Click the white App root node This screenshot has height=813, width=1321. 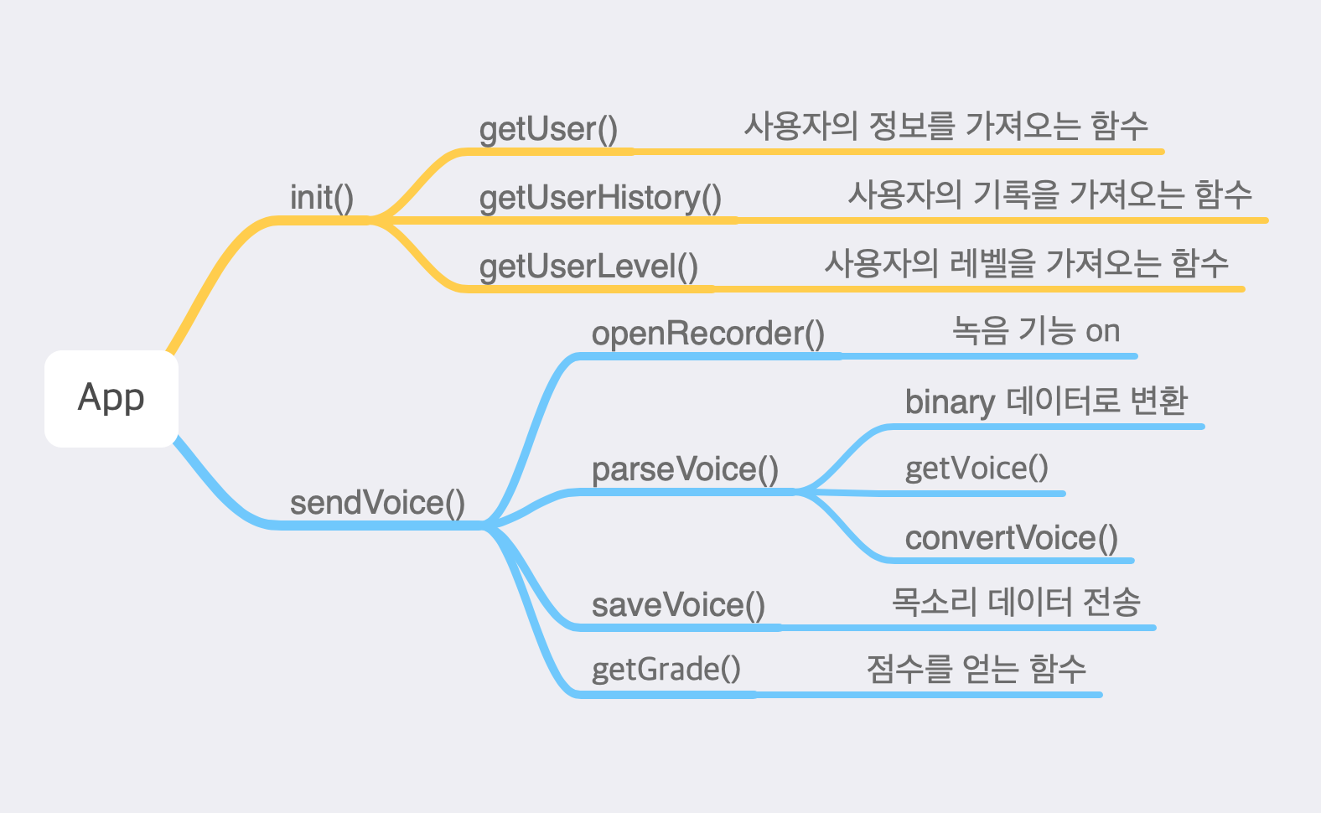click(x=111, y=398)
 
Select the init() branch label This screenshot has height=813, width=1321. click(x=322, y=198)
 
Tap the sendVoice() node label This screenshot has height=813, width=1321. click(x=377, y=503)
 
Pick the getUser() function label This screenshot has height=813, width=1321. click(x=548, y=129)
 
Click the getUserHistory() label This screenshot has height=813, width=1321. click(x=600, y=198)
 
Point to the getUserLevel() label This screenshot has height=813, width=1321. click(x=588, y=267)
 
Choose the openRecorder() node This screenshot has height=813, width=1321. click(x=708, y=334)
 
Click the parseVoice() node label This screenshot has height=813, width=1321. click(x=685, y=469)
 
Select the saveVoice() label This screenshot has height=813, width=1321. click(x=678, y=605)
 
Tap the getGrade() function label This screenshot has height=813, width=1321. click(x=666, y=670)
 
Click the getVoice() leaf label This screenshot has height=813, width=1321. click(x=977, y=468)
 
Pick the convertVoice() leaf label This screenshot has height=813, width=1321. click(x=1012, y=538)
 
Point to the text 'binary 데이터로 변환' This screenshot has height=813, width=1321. click(x=1046, y=401)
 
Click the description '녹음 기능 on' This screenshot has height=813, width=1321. click(x=1036, y=331)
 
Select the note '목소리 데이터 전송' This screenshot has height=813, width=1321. click(x=1016, y=602)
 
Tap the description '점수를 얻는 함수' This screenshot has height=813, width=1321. click(x=976, y=669)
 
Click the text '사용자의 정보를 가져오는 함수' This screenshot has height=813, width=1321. click(x=945, y=126)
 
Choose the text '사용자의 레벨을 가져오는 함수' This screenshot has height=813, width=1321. click(x=1026, y=263)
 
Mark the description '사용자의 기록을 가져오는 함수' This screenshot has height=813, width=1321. click(x=1049, y=194)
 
